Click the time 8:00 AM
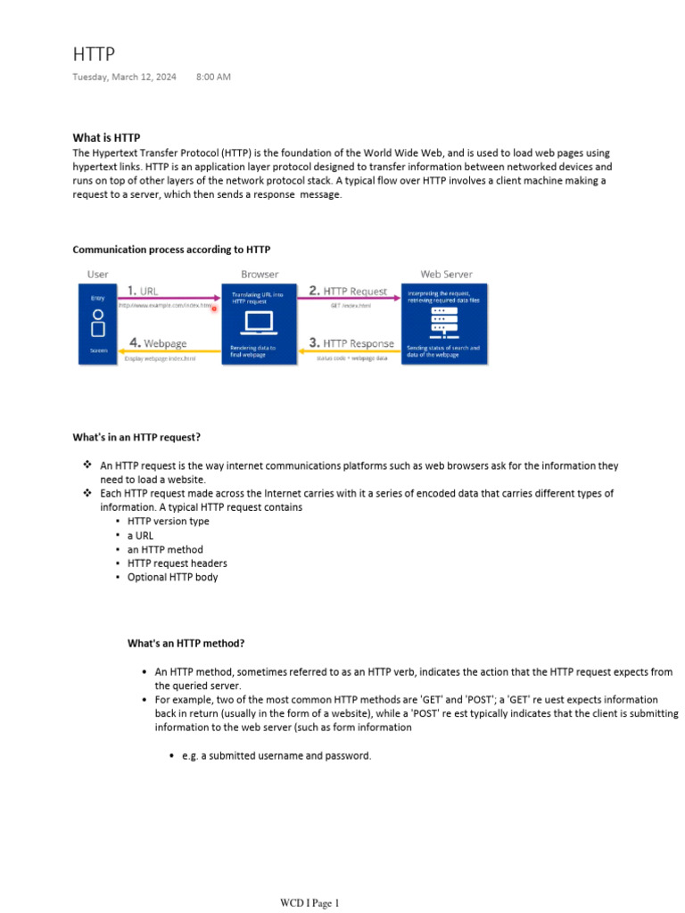coord(213,77)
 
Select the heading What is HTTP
coord(106,138)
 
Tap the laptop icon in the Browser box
coord(259,323)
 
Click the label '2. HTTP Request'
coord(348,291)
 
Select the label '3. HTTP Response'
coord(351,343)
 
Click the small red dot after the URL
coord(214,308)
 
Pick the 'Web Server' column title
coord(446,274)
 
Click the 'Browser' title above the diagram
coord(260,274)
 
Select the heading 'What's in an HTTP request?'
coord(136,437)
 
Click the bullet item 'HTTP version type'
coord(169,522)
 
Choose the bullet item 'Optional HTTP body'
coord(172,577)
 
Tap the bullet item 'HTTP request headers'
coord(177,563)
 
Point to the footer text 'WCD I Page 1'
coord(309,903)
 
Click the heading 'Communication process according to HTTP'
coord(171,250)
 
